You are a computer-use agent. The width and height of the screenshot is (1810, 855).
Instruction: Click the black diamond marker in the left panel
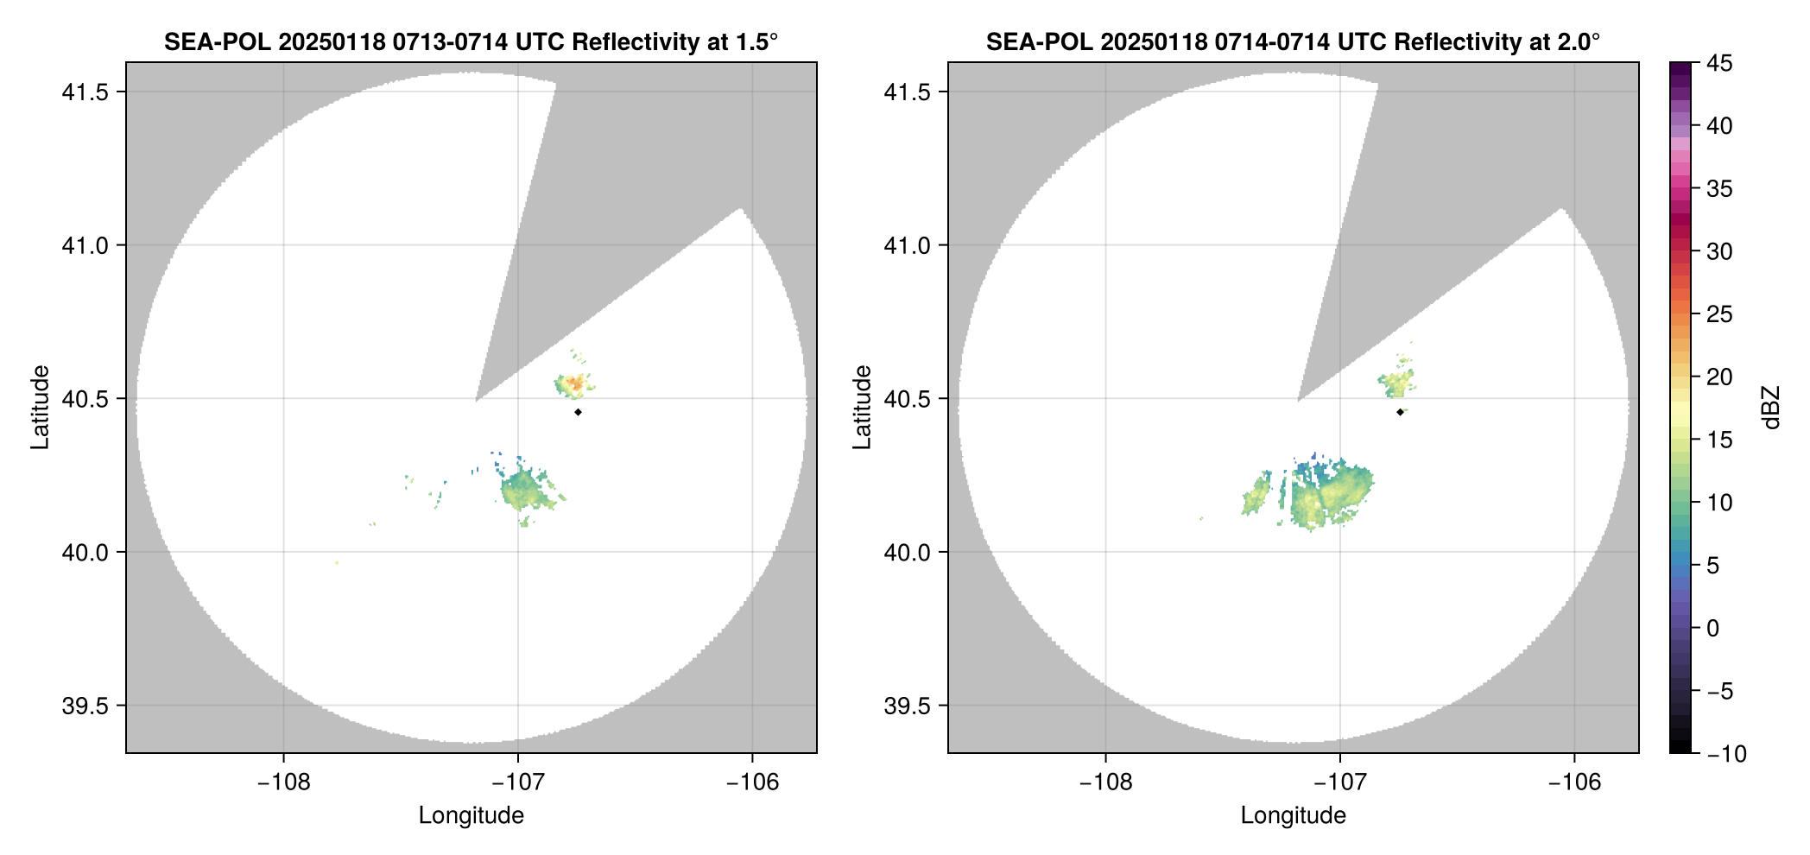pyautogui.click(x=578, y=412)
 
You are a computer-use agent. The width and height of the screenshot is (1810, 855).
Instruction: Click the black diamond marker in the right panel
pyautogui.click(x=1400, y=412)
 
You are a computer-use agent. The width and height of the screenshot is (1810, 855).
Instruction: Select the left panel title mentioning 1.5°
pyautogui.click(x=471, y=41)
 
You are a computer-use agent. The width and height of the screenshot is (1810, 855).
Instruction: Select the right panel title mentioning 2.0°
pyautogui.click(x=1293, y=41)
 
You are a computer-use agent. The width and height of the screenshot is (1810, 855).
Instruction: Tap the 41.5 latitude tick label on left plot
pyautogui.click(x=85, y=92)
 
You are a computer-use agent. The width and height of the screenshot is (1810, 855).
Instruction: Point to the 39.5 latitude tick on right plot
pyautogui.click(x=907, y=706)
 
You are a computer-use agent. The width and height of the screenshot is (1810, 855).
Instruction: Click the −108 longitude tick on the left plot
pyautogui.click(x=283, y=782)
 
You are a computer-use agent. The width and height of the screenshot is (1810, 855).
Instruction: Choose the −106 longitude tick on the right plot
pyautogui.click(x=1574, y=782)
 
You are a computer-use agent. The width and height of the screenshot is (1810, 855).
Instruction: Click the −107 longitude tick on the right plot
pyautogui.click(x=1339, y=782)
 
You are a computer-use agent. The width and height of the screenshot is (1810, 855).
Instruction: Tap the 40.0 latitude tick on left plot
pyautogui.click(x=85, y=553)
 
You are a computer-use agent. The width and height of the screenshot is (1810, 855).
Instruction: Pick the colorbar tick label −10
pyautogui.click(x=1726, y=754)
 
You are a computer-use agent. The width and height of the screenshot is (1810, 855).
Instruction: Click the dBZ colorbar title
pyautogui.click(x=1771, y=408)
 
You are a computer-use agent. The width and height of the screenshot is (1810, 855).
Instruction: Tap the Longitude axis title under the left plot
pyautogui.click(x=471, y=815)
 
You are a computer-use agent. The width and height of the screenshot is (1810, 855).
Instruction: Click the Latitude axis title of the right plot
pyautogui.click(x=862, y=408)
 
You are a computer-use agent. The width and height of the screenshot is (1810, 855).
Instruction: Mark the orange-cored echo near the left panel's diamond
pyautogui.click(x=574, y=383)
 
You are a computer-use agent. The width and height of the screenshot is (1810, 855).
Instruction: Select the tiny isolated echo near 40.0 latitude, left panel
pyautogui.click(x=337, y=563)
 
